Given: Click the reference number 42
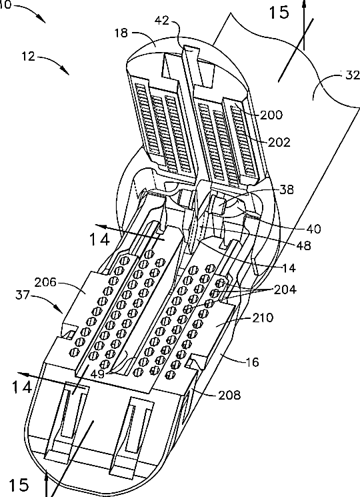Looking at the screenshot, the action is (x=162, y=21).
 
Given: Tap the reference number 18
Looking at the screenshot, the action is (x=121, y=33).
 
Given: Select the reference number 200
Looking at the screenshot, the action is (x=271, y=115).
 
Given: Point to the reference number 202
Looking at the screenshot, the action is (x=279, y=142).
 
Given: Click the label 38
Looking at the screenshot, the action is (x=287, y=189).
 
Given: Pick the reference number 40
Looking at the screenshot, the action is (x=313, y=229).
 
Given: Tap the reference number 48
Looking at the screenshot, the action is (x=303, y=245).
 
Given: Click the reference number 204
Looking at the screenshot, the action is (x=285, y=290).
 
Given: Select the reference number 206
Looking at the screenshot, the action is (x=45, y=282).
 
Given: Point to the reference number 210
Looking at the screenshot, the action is (x=263, y=318).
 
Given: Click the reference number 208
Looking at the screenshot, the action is (x=229, y=395).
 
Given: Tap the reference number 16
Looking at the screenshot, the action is (x=253, y=362).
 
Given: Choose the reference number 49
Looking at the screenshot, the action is (x=97, y=374).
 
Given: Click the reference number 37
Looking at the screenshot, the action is (x=22, y=296).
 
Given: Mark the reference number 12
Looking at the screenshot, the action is (x=28, y=57).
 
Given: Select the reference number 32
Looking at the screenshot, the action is (x=352, y=75).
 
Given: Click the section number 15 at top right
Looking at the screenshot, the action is (x=279, y=13).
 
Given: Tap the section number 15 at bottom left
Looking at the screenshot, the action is (x=19, y=485).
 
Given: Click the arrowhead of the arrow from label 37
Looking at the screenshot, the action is (x=59, y=310).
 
